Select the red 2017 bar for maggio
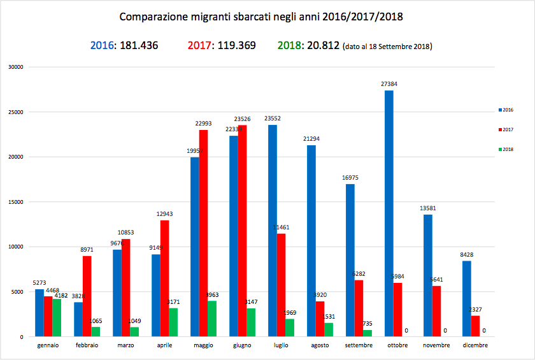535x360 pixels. click(x=204, y=233)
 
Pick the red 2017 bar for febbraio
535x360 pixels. click(x=87, y=296)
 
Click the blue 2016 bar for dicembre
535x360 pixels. click(x=467, y=299)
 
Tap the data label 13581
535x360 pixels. click(x=428, y=208)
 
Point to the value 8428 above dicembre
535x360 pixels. click(x=467, y=255)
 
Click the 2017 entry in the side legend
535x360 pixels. click(x=508, y=129)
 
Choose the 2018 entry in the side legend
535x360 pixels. click(x=508, y=149)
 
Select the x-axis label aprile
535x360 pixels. click(x=165, y=345)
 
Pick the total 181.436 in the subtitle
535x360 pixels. click(x=136, y=46)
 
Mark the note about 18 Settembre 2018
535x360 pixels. click(x=387, y=47)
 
